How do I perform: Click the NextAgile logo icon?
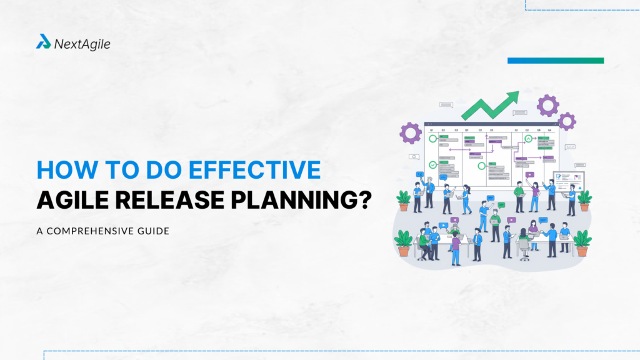coord(43,42)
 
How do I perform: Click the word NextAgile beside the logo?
coord(82,44)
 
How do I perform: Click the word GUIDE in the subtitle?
coord(154,231)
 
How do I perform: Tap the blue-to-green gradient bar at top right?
coord(555,61)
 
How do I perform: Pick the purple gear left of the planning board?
coord(411,132)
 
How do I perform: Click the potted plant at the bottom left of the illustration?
coord(403,242)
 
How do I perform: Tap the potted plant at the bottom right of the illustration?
coord(582,242)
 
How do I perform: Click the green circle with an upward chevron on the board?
coord(529,139)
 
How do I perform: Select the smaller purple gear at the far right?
coord(567,121)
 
